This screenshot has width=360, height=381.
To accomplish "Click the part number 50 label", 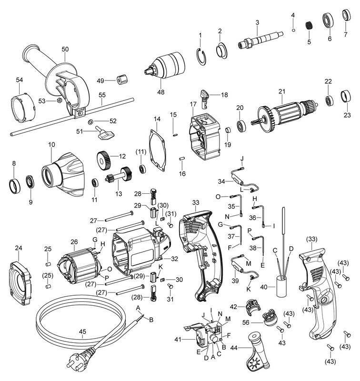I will [65, 49].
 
